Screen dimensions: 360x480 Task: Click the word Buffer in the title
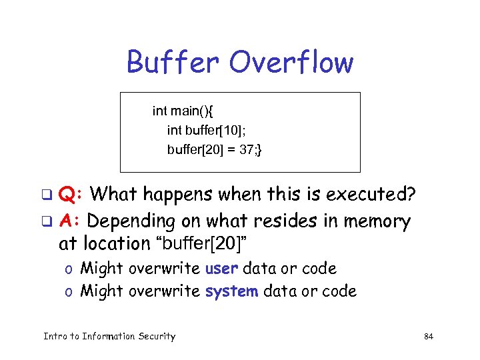tap(173, 63)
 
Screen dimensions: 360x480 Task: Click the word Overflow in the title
tap(291, 63)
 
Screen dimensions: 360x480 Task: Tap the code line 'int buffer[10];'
tap(208, 130)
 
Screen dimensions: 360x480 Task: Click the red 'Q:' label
tap(71, 195)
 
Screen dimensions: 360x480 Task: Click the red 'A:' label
tap(70, 220)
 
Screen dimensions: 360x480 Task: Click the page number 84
tap(429, 337)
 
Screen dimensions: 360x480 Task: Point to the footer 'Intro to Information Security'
tap(109, 336)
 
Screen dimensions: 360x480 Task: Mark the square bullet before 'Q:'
tap(47, 196)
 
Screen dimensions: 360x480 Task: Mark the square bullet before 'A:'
tap(47, 221)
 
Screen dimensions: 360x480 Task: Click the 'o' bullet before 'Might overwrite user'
tap(69, 270)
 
